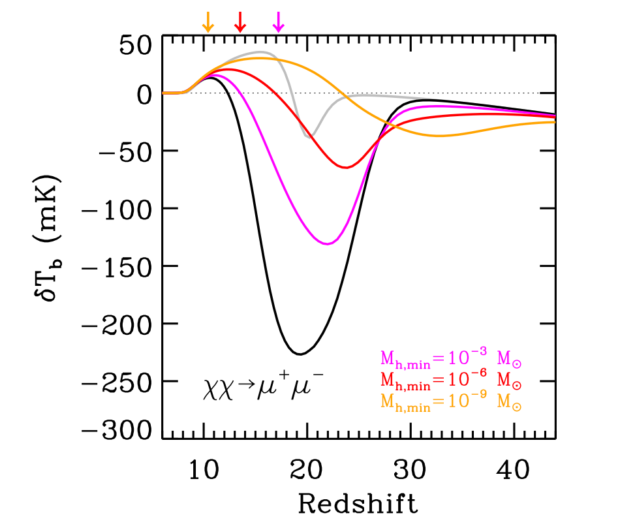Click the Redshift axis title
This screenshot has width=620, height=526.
click(x=358, y=503)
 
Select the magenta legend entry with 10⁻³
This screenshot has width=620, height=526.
click(x=450, y=358)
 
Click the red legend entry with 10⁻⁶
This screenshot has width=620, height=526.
click(x=450, y=381)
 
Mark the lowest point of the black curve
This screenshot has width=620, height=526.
click(x=300, y=354)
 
